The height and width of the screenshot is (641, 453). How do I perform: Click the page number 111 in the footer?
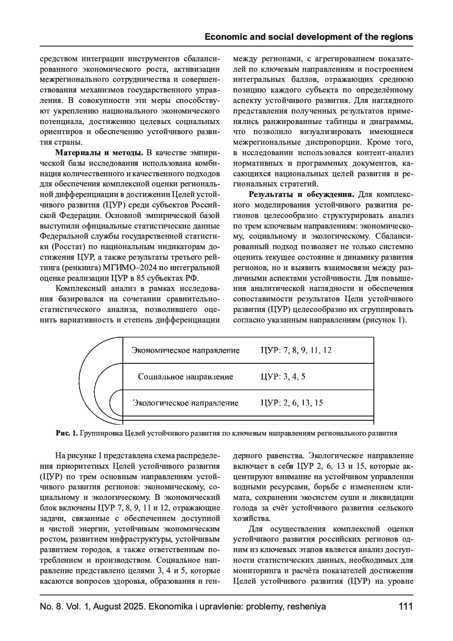(x=405, y=607)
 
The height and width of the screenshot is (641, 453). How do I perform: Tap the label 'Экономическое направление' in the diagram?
(x=185, y=350)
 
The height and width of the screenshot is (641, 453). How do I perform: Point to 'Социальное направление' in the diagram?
(x=185, y=377)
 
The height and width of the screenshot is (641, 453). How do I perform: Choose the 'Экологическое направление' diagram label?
(x=185, y=403)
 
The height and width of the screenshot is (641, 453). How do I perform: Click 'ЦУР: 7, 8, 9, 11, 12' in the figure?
(x=296, y=350)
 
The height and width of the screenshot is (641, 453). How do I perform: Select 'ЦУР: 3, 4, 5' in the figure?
(x=283, y=377)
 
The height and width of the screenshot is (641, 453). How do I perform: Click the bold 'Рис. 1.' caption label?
(x=67, y=433)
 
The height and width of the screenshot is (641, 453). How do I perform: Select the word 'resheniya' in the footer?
(x=307, y=607)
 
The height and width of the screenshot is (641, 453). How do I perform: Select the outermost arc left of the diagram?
(x=80, y=378)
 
